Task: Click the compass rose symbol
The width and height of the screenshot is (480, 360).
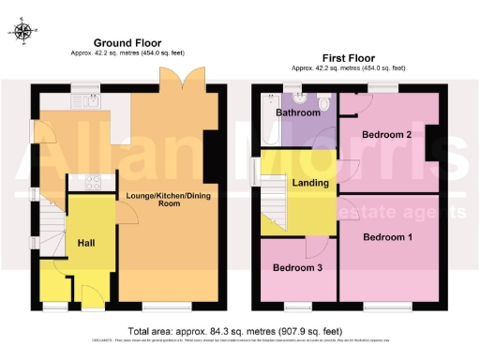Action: click(x=23, y=31)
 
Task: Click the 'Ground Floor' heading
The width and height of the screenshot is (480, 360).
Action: click(x=127, y=43)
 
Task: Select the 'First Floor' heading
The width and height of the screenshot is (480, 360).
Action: click(x=348, y=56)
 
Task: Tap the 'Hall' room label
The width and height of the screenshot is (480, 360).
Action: click(x=86, y=243)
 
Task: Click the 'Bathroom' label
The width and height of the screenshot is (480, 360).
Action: click(x=298, y=113)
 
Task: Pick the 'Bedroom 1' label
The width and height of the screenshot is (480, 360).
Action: click(x=387, y=236)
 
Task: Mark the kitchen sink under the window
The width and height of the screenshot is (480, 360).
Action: click(x=86, y=99)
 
